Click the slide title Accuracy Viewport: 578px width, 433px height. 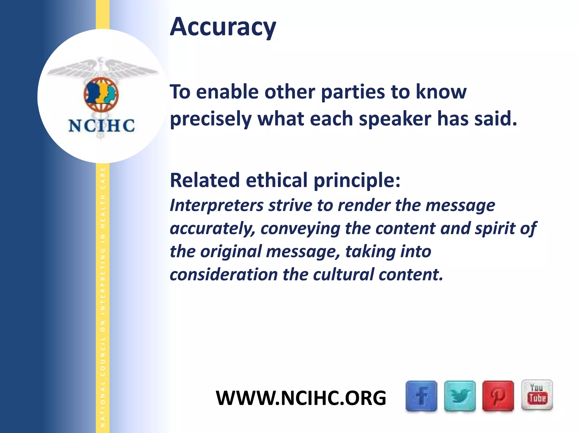(223, 27)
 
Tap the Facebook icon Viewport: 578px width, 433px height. (421, 396)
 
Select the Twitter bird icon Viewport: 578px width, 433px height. (460, 396)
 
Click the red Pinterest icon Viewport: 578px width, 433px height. (498, 396)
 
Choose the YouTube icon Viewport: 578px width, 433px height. (537, 395)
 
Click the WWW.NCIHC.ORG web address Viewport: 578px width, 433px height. (301, 398)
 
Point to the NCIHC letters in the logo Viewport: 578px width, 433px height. (102, 126)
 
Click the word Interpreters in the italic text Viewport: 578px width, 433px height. (217, 206)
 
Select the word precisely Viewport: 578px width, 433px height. (211, 119)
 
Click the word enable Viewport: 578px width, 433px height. (227, 92)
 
